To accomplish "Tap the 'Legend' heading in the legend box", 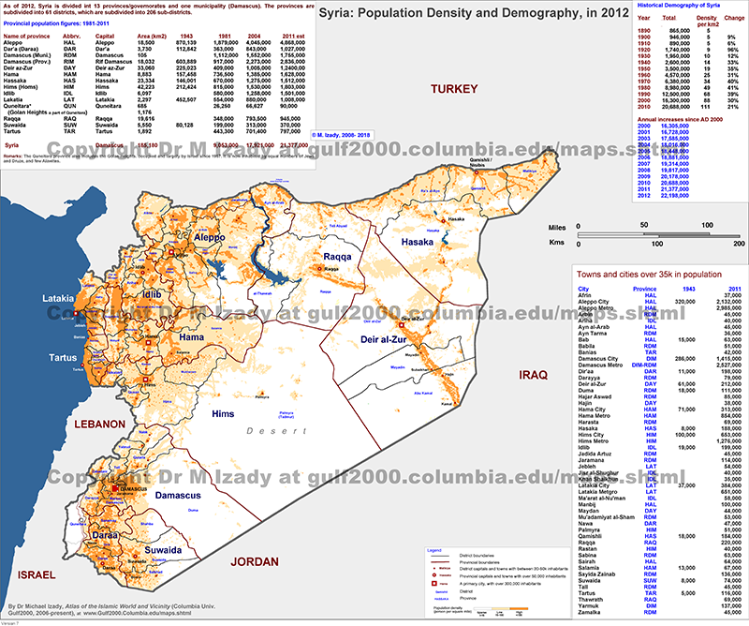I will pyautogui.click(x=433, y=549).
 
